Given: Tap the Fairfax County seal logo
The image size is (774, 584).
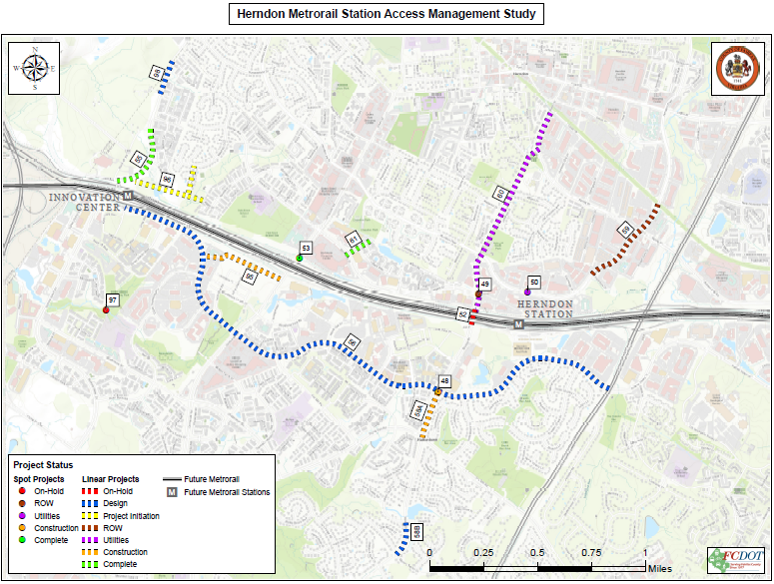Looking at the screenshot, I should point(737,69).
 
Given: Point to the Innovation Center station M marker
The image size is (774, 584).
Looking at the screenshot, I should point(128,196).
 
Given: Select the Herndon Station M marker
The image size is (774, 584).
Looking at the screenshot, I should point(519,323).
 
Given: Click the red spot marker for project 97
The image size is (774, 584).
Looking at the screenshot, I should point(106,310).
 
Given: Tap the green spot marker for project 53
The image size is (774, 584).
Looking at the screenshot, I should point(300,259).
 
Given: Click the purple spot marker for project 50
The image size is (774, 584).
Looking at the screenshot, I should point(527,292).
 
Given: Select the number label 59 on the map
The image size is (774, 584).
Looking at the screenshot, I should point(626,230).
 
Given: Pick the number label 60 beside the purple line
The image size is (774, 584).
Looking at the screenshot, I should point(499,193).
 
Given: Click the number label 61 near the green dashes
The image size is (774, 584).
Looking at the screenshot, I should point(353,238).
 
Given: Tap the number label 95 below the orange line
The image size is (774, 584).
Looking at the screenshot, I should point(250,278).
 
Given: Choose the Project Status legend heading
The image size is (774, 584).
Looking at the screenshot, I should point(43,465).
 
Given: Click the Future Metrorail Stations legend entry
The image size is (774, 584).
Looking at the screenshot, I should point(227,492).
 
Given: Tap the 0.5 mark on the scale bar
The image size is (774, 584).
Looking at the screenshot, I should point(538,552).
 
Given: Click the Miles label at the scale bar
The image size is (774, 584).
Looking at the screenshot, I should point(659,567).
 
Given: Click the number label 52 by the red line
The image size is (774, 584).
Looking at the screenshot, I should point(463,314).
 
